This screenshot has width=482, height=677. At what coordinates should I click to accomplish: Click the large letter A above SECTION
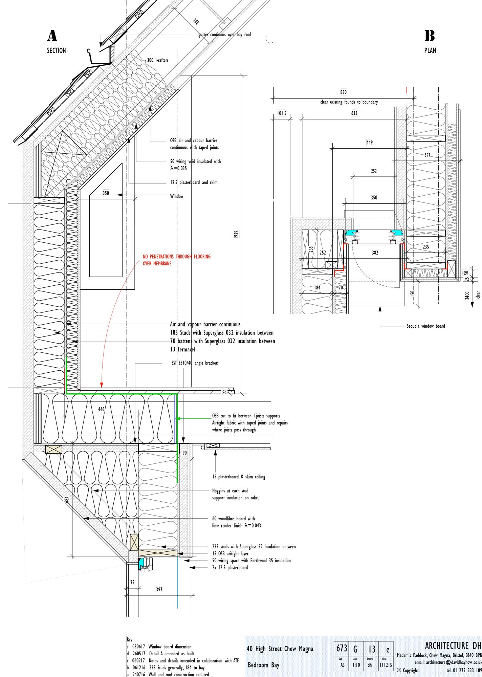[52, 36]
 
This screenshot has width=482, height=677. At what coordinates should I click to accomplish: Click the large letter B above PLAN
[430, 36]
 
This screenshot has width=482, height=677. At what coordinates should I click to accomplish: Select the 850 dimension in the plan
[343, 92]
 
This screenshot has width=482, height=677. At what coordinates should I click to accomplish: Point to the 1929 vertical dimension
[236, 234]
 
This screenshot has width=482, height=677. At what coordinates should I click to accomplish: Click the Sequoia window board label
[426, 326]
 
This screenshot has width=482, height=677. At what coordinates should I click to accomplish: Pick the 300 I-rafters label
[157, 60]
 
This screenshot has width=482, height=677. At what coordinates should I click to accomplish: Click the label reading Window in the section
[176, 196]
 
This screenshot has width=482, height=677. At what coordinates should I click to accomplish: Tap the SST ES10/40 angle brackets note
[195, 363]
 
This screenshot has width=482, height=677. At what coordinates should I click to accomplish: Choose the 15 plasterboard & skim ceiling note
[239, 477]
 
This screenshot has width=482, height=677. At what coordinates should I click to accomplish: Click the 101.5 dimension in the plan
[282, 113]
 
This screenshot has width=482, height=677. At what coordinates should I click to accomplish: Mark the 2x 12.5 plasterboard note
[230, 568]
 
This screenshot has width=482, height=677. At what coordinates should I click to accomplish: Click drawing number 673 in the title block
[342, 649]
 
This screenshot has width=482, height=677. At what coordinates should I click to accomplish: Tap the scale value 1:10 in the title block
[356, 665]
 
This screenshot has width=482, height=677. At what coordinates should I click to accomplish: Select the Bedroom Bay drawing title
[263, 665]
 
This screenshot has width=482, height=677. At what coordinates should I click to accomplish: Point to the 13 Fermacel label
[182, 349]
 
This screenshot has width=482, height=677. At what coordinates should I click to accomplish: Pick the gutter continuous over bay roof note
[224, 35]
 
